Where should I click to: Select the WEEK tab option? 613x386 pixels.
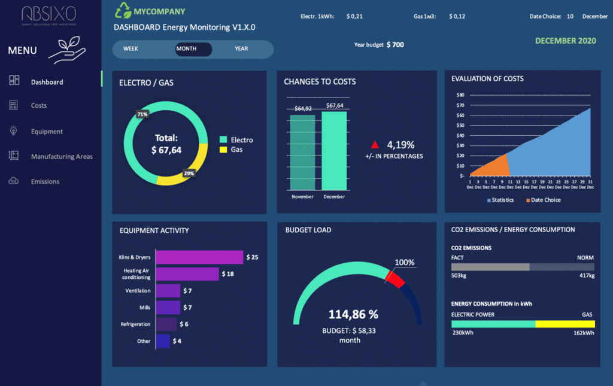(x=132, y=49)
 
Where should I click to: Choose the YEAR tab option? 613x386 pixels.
(x=241, y=49)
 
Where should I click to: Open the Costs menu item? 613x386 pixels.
(x=39, y=105)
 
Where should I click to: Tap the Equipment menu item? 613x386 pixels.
(x=47, y=132)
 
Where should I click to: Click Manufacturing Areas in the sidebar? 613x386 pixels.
(x=62, y=157)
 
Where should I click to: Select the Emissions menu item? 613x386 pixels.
(x=45, y=181)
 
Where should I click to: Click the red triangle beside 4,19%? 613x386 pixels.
(x=375, y=145)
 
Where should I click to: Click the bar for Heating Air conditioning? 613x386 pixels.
(x=187, y=274)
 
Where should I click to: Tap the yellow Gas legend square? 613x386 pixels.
(x=223, y=149)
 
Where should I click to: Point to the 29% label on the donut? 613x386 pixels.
(x=189, y=173)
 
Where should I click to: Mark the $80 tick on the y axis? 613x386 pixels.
(x=460, y=95)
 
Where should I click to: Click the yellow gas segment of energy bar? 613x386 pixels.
(x=565, y=324)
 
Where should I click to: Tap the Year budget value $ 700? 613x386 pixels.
(x=395, y=45)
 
